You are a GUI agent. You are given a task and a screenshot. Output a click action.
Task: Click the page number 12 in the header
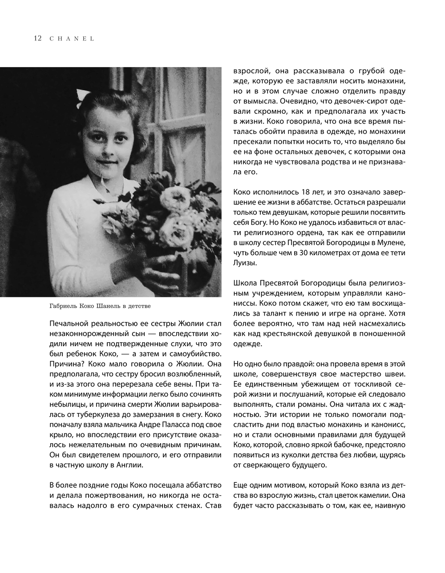coord(37,38)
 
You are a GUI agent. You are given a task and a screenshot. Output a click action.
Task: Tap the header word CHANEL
coord(72,39)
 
